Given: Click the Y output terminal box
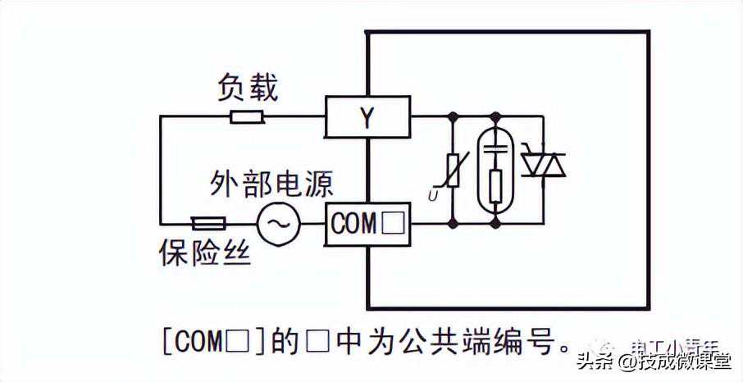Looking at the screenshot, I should tap(367, 116).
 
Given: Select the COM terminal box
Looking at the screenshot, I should tap(367, 222).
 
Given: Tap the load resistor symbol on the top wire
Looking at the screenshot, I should tap(246, 116).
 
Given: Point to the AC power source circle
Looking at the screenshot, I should tap(279, 222).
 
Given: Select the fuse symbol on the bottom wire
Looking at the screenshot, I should tap(208, 222).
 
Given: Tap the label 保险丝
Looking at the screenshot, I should tap(204, 253).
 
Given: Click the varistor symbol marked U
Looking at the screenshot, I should tap(453, 170).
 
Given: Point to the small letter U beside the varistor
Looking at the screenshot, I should tap(432, 195).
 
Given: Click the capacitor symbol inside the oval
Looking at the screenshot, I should tap(495, 150).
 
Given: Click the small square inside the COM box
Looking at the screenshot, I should tap(394, 223).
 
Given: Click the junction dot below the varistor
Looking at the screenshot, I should tap(453, 222).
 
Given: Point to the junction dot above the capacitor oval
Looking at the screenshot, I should tap(495, 116).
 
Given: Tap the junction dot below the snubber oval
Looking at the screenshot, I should tap(495, 222).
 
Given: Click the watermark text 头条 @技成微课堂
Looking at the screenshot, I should tap(657, 361).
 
